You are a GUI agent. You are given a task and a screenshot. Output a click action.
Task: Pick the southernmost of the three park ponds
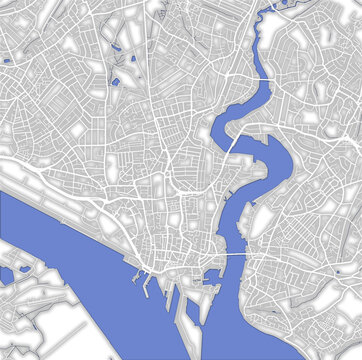pos(116,83)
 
